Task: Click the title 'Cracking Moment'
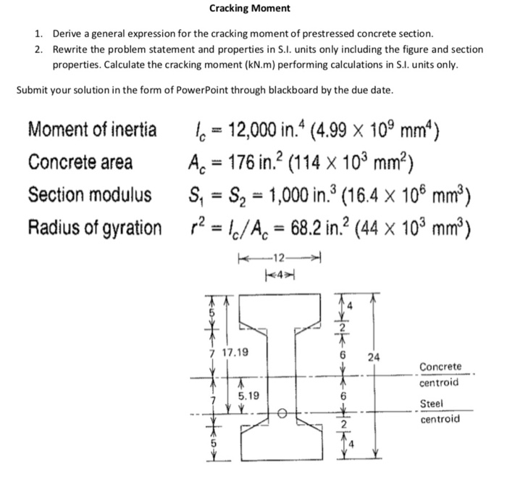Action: pos(249,9)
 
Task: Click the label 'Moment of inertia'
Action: pos(92,131)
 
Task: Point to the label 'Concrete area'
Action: pos(80,163)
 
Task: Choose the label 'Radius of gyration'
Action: pos(95,228)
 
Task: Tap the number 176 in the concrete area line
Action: pos(229,163)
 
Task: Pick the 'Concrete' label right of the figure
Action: pos(440,367)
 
